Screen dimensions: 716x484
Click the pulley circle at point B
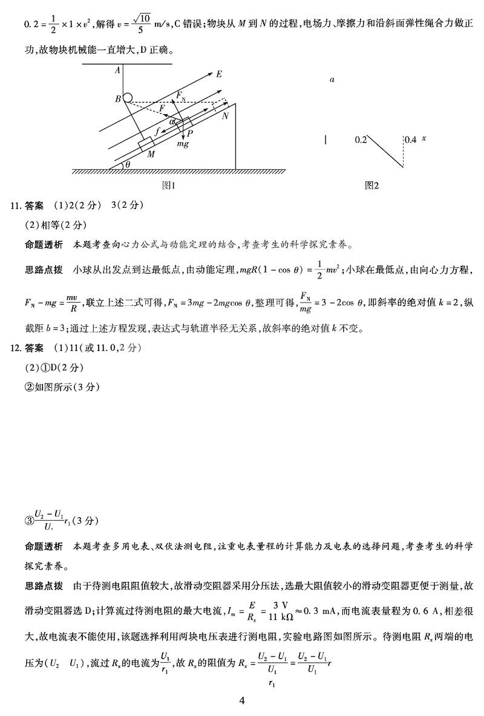[x=128, y=97]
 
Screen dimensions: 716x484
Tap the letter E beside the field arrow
[x=219, y=74]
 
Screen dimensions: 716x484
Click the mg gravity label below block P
[x=183, y=145]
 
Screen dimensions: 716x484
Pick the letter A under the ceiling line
[x=117, y=70]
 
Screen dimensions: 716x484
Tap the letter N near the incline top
[x=225, y=115]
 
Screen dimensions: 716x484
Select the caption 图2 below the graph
[x=371, y=186]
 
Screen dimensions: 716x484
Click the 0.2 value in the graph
[x=361, y=140]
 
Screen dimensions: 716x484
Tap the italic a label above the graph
[x=333, y=79]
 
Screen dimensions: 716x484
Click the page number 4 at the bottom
[x=242, y=701]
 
